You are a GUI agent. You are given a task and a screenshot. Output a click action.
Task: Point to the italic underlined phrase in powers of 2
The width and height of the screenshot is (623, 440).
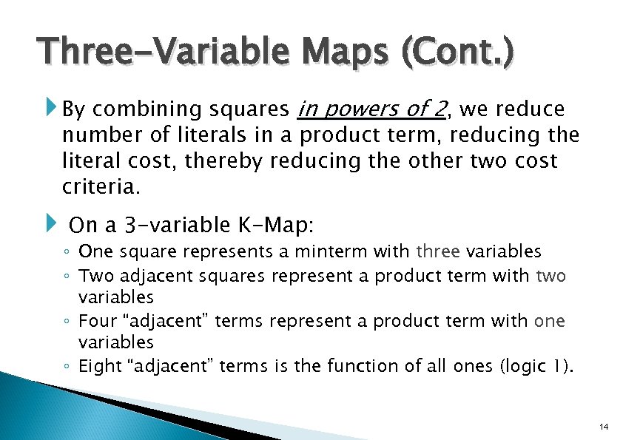point(371,109)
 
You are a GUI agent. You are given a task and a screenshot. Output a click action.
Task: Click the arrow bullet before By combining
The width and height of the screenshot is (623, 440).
point(52,110)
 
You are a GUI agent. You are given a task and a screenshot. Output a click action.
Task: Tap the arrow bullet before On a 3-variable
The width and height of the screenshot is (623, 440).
point(52,223)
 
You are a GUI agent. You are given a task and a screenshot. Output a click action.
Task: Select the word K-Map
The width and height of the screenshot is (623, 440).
point(292,224)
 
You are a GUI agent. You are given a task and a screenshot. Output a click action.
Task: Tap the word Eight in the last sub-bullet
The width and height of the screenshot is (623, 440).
point(98,365)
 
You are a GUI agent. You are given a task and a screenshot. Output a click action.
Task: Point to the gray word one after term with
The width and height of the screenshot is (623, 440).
point(549,321)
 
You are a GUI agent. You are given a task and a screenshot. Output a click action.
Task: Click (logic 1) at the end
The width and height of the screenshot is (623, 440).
point(531,365)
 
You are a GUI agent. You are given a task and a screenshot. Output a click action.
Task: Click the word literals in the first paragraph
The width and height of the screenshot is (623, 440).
point(209,135)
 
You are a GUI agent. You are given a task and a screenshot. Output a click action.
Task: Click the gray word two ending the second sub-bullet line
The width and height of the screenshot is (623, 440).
point(551,276)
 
